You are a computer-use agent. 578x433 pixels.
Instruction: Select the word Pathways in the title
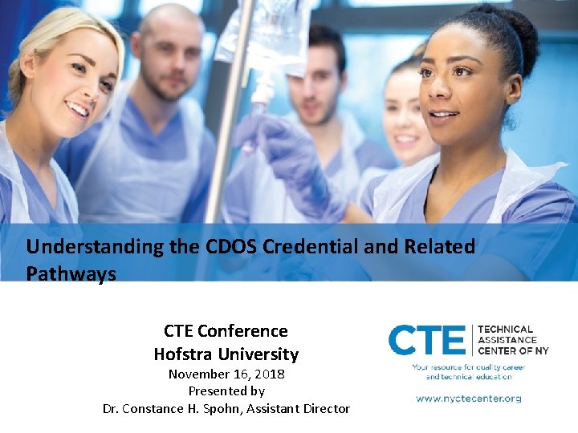pos(71,273)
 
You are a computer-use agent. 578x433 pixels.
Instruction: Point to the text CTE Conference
pos(226,331)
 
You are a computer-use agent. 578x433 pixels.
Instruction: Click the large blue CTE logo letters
pos(426,340)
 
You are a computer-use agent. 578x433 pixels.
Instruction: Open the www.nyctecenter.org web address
pos(469,398)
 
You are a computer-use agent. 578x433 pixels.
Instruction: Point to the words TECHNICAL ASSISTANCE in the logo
pos(506,334)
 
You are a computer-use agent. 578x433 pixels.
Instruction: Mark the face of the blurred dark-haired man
pos(317,76)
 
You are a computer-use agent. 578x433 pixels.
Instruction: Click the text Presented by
pos(226,391)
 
